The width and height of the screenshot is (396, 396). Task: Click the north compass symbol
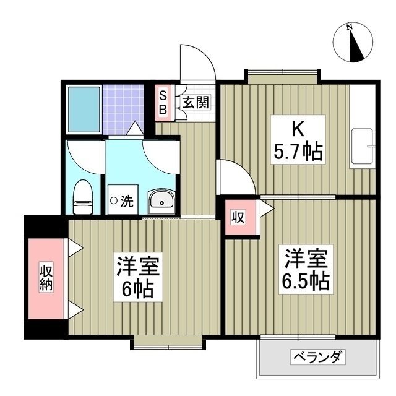(353, 43)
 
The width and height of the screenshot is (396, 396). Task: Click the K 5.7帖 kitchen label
(299, 140)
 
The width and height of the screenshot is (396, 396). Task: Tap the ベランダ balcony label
(317, 357)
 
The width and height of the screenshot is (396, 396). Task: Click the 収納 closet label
(46, 279)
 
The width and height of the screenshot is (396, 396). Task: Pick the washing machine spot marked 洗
(123, 200)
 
